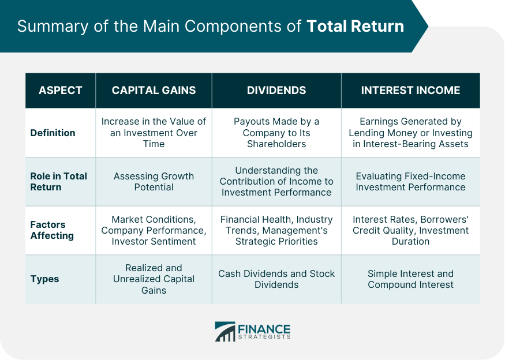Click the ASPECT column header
click(60, 90)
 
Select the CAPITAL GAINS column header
click(154, 90)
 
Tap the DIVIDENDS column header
click(276, 90)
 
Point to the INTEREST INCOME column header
click(410, 90)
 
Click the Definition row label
click(53, 133)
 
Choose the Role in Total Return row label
click(59, 182)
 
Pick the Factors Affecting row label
click(52, 230)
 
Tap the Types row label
click(44, 279)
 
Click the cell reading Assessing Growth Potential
click(154, 182)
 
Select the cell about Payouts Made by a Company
click(276, 133)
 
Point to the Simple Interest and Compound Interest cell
click(410, 279)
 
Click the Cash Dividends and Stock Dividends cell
click(276, 279)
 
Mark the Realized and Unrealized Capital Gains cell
click(154, 279)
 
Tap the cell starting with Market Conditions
click(154, 230)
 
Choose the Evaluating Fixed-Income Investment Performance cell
click(410, 182)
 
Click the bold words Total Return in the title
click(356, 26)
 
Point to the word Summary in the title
click(53, 27)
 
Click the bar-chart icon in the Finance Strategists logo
click(225, 331)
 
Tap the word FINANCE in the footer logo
click(264, 329)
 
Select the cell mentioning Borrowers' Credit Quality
click(410, 230)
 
